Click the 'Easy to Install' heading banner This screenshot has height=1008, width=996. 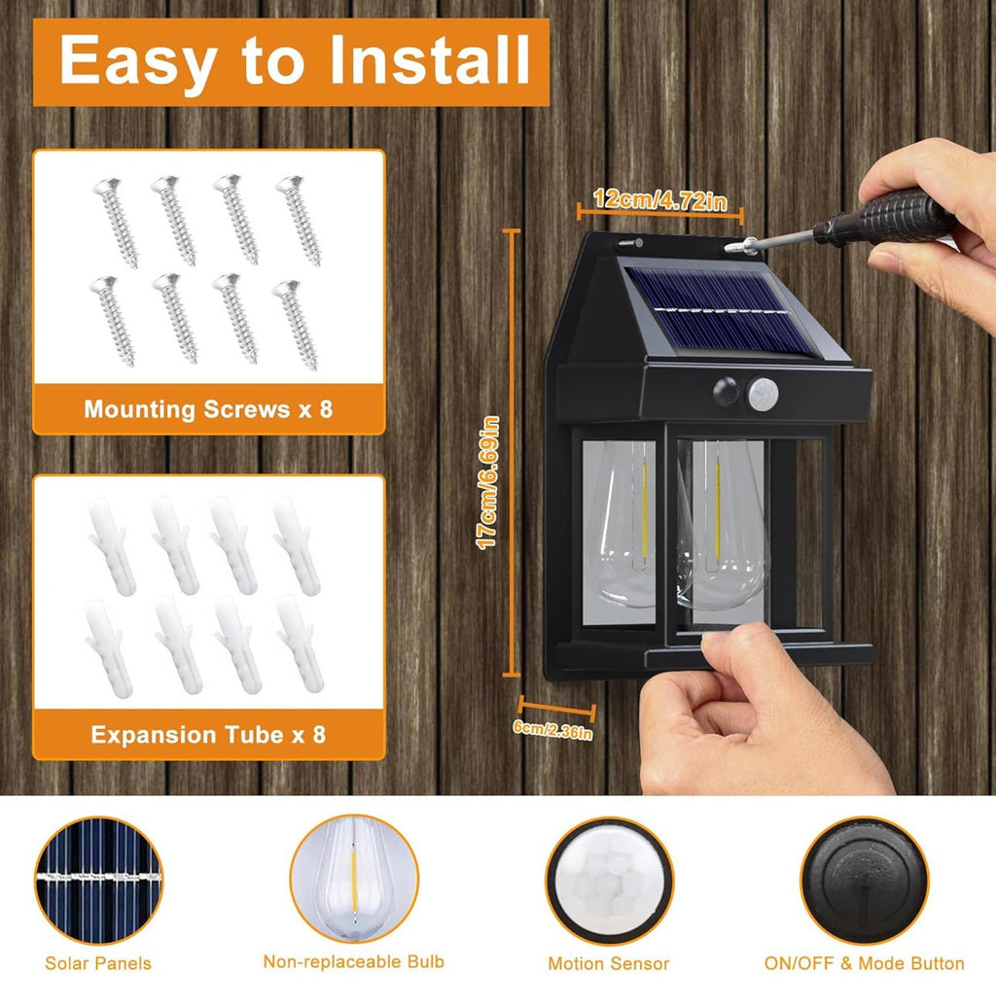click(x=291, y=61)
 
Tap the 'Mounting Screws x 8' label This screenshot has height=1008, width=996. click(x=208, y=409)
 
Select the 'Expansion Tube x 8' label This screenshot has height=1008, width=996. click(x=208, y=735)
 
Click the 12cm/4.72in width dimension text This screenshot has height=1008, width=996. click(x=660, y=200)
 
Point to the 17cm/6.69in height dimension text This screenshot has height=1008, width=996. click(x=487, y=482)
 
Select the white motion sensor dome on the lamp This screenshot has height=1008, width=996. click(x=764, y=394)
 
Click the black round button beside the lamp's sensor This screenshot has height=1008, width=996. click(x=727, y=392)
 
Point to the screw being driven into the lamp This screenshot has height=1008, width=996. click(x=741, y=246)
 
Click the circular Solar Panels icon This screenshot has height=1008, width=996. click(x=98, y=881)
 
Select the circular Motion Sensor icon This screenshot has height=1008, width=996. click(x=610, y=881)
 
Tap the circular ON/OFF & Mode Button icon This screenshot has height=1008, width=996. click(x=865, y=881)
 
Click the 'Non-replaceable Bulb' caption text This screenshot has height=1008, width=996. click(x=354, y=961)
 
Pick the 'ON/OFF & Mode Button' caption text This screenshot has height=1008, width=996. click(x=864, y=963)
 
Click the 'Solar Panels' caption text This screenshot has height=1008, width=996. click(x=98, y=963)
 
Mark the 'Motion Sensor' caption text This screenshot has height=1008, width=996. click(x=609, y=963)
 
